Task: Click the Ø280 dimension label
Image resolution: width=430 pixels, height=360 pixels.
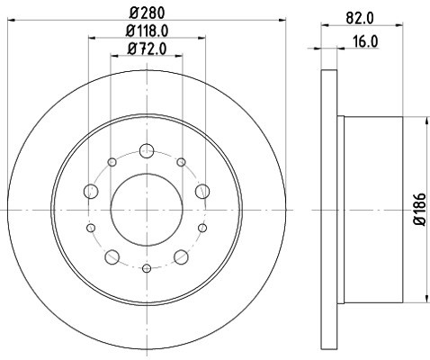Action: tap(148, 13)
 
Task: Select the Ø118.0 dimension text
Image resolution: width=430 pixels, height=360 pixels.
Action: tap(147, 31)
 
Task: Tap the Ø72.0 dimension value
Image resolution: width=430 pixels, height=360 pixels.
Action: tap(147, 49)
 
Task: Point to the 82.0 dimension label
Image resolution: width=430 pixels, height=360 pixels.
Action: tap(360, 18)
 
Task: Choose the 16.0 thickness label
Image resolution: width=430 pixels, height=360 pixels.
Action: tap(364, 41)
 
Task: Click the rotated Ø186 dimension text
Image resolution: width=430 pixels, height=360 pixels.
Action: tap(420, 209)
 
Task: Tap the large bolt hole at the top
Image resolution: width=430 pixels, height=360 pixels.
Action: tap(147, 150)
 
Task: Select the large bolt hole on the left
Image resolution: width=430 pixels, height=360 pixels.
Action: tap(91, 191)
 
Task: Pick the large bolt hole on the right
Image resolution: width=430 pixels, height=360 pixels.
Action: tap(202, 191)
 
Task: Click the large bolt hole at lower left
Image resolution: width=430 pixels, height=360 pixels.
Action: tap(112, 257)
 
